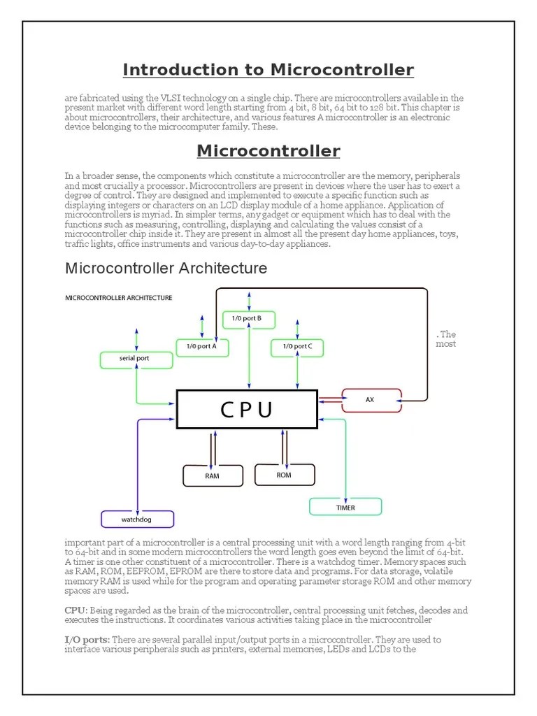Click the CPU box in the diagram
pyautogui.click(x=247, y=409)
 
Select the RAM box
pyautogui.click(x=213, y=475)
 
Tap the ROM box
pyautogui.click(x=283, y=474)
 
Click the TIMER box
pyautogui.click(x=345, y=507)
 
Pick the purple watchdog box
pyautogui.click(x=137, y=520)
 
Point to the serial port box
pyautogui.click(x=135, y=359)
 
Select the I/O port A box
pyautogui.click(x=201, y=346)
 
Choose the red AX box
pyautogui.click(x=371, y=399)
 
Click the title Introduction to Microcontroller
pyautogui.click(x=268, y=70)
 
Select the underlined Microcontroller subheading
pyautogui.click(x=268, y=151)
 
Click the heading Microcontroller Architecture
pyautogui.click(x=166, y=268)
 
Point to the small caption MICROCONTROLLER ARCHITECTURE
pyautogui.click(x=119, y=297)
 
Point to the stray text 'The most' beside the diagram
pyautogui.click(x=445, y=338)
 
